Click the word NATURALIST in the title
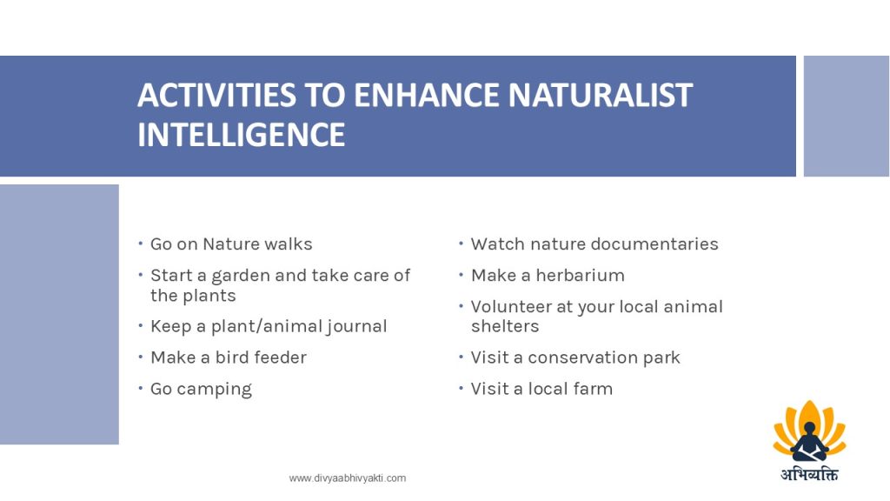[600, 95]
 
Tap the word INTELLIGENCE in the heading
[242, 135]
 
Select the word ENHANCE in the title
[427, 95]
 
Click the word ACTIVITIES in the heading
[216, 95]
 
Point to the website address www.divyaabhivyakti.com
[348, 478]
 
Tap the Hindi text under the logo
[809, 474]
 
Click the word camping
[214, 390]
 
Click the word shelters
[505, 327]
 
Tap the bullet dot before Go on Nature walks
[140, 244]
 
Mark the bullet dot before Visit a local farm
[461, 389]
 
